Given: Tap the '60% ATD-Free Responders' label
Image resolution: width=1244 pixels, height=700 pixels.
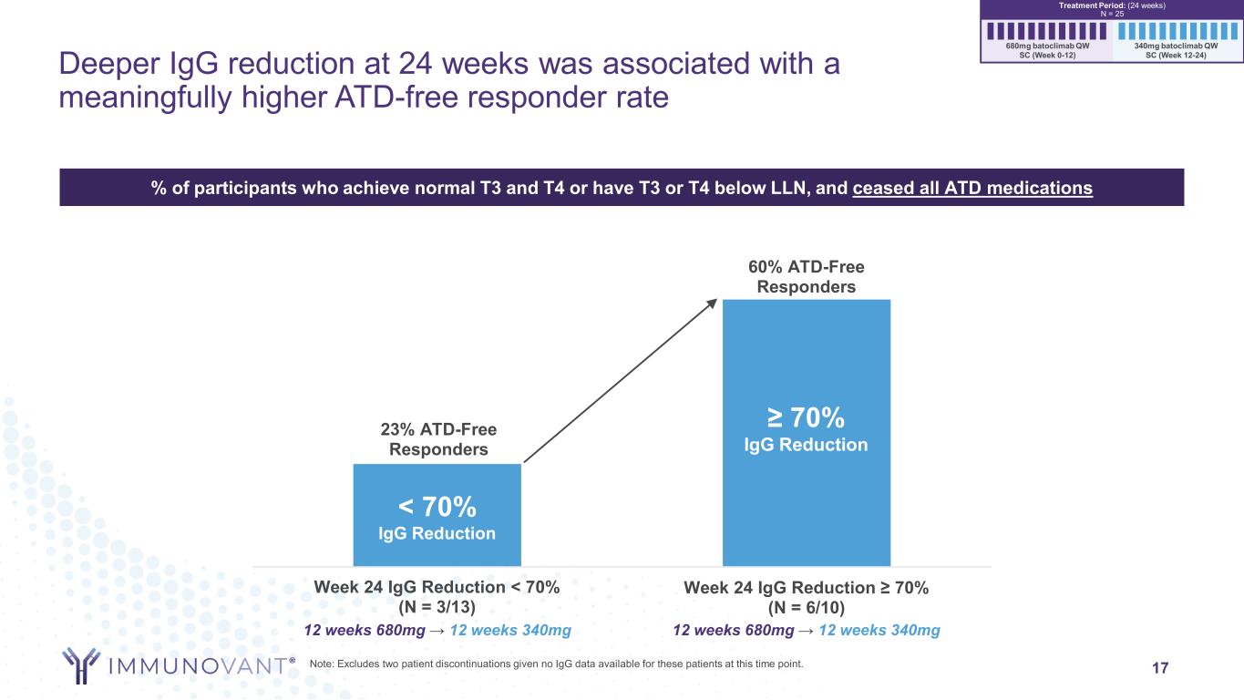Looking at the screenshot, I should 807,276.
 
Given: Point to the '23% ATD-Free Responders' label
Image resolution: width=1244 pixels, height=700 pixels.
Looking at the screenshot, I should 437,440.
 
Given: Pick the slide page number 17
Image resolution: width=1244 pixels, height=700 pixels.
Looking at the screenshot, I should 1159,667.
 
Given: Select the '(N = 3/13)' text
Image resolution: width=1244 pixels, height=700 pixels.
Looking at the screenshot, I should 437,605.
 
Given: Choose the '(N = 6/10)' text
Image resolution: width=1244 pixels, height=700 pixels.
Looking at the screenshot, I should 806,606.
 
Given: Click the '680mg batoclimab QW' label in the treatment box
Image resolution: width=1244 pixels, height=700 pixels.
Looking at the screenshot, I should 1047,45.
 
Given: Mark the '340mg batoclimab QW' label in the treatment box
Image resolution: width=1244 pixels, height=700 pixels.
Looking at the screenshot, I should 1176,45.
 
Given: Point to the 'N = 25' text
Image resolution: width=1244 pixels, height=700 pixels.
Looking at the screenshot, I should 1111,13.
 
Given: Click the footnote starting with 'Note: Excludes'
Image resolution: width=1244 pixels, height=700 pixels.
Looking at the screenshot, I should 557,664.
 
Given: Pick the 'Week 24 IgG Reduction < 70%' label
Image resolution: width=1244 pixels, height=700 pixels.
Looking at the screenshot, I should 437,587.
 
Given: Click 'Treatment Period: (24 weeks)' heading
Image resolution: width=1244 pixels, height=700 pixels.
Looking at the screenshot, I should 1111,5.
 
